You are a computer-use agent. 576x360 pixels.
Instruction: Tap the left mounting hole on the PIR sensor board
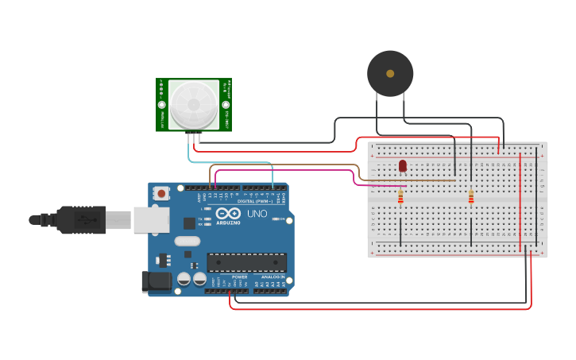[x=162, y=104]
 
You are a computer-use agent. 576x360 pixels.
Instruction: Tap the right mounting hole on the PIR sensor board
[x=225, y=104]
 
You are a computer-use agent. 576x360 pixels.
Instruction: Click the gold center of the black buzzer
[x=390, y=74]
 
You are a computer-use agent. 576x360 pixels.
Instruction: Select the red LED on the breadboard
[x=403, y=165]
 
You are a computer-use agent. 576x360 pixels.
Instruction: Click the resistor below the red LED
[x=400, y=195]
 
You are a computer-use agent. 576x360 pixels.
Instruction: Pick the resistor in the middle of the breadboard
[x=471, y=195]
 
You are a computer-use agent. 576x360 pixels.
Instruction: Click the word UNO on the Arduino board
[x=257, y=214]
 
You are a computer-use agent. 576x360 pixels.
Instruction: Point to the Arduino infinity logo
[x=228, y=214]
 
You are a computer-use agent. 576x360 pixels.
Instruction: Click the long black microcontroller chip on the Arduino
[x=246, y=261]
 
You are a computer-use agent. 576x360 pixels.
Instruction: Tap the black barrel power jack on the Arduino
[x=157, y=281]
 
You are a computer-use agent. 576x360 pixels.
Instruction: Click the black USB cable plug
[x=79, y=219]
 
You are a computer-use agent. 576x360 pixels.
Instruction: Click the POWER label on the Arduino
[x=239, y=277]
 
